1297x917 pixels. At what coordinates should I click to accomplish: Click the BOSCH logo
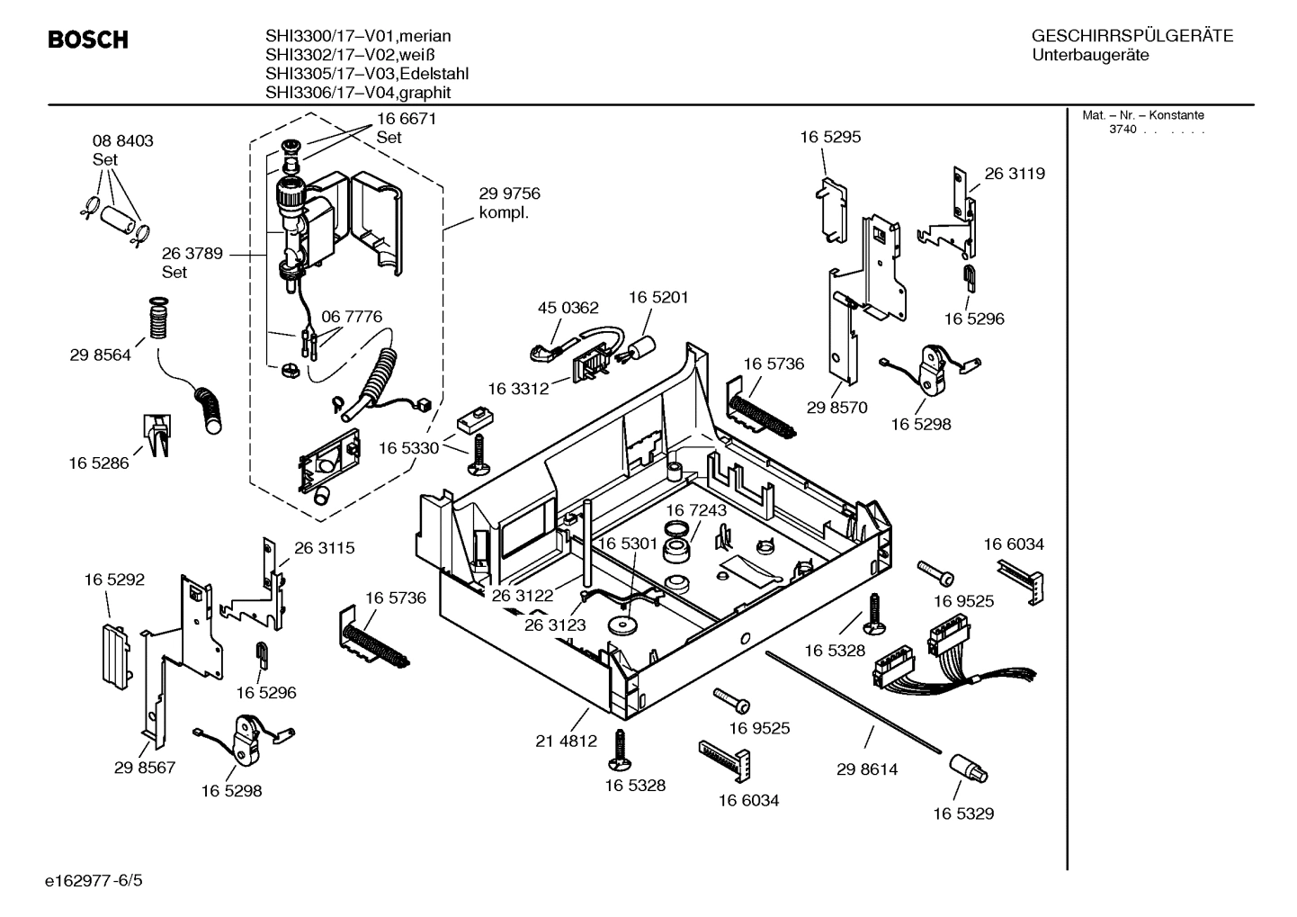[87, 40]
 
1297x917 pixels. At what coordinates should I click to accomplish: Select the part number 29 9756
[509, 193]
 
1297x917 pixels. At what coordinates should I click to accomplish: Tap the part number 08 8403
[122, 141]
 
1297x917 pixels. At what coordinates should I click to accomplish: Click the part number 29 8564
[100, 355]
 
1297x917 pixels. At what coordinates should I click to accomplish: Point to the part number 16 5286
[98, 463]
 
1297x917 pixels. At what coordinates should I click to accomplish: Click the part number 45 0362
[568, 308]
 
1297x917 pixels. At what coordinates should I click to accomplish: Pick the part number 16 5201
[658, 297]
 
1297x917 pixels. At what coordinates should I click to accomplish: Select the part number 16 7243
[696, 510]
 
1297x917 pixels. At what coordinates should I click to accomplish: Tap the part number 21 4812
[566, 742]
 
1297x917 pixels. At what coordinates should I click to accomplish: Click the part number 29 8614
[866, 769]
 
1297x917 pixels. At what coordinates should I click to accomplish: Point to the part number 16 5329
[962, 814]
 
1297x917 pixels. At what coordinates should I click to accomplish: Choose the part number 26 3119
[1015, 174]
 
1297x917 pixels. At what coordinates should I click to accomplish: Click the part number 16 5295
[830, 138]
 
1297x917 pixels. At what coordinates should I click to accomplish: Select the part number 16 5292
[114, 580]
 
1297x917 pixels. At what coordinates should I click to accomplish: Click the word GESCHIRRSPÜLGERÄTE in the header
[1132, 37]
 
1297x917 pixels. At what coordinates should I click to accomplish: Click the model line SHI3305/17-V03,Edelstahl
[366, 74]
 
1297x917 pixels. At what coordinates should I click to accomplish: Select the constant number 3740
[1123, 130]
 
